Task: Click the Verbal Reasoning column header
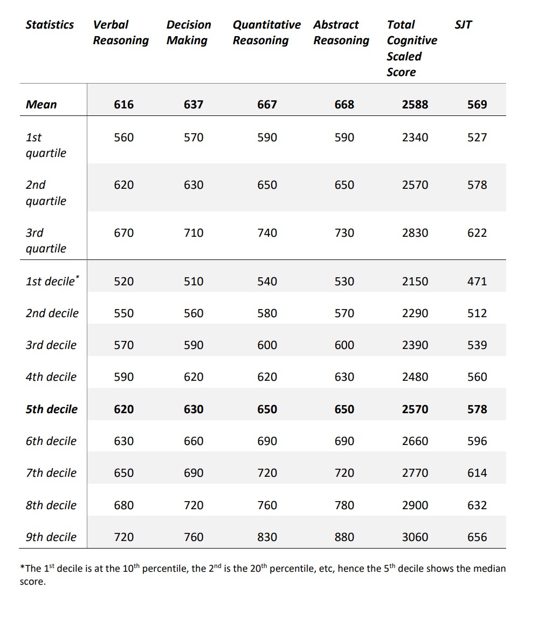(x=121, y=32)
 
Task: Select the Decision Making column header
(x=189, y=32)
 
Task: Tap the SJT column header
(x=463, y=25)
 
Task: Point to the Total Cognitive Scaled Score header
(x=412, y=48)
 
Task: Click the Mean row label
(x=41, y=105)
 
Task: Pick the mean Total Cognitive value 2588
(x=415, y=105)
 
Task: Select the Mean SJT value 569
(x=477, y=105)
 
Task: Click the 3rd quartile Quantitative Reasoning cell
(x=267, y=233)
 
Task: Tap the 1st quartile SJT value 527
(x=477, y=138)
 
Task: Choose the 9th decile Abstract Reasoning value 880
(x=344, y=537)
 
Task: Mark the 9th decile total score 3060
(x=415, y=537)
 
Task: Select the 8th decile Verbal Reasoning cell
(x=123, y=505)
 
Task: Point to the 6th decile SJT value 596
(x=477, y=441)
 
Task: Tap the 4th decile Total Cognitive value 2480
(x=415, y=377)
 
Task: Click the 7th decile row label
(x=51, y=473)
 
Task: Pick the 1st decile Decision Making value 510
(x=194, y=282)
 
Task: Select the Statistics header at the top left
(x=50, y=25)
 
